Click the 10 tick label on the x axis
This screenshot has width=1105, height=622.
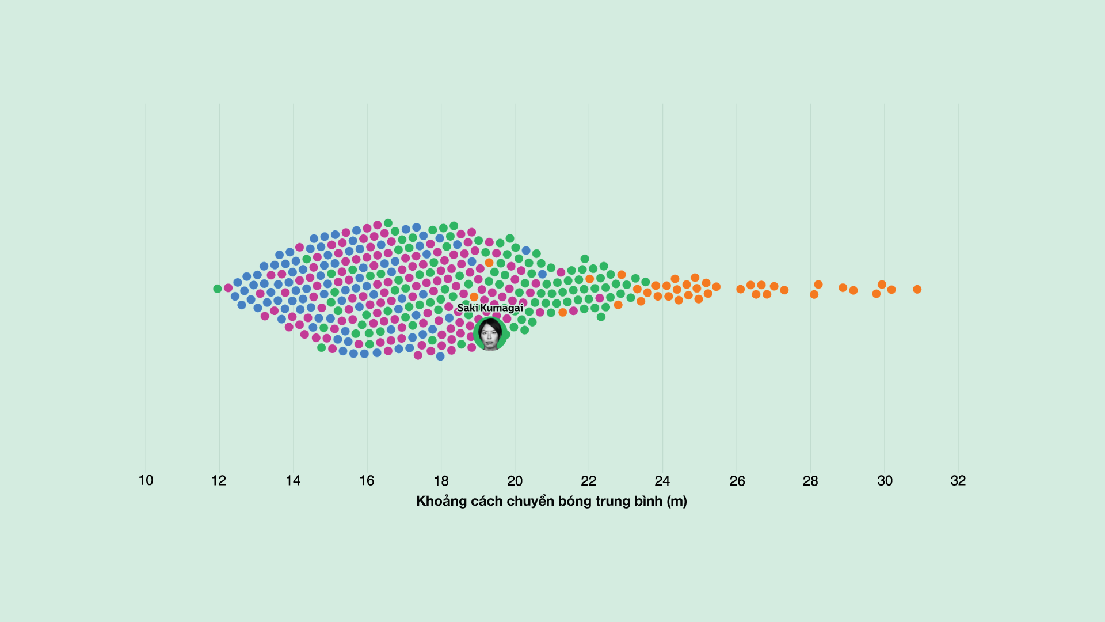click(x=146, y=480)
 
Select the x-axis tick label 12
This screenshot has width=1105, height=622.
click(x=219, y=480)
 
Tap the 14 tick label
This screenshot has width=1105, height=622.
click(x=293, y=480)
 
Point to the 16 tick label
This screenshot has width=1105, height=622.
click(x=367, y=480)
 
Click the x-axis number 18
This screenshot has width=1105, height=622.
click(x=441, y=480)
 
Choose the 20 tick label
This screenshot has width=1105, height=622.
click(x=515, y=480)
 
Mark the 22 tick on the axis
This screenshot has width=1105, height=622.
click(x=588, y=480)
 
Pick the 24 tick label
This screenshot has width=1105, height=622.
click(x=662, y=480)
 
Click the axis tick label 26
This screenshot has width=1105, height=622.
click(x=737, y=480)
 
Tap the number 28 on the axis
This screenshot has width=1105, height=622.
click(x=810, y=480)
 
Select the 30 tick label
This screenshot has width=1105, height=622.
click(x=885, y=480)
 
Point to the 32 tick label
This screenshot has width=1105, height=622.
click(x=958, y=480)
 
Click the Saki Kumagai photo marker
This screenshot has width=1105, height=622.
click(x=490, y=334)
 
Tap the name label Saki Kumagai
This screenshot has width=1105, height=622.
click(x=490, y=308)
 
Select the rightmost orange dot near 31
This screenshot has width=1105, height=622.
click(x=917, y=289)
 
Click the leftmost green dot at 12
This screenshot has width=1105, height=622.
click(x=218, y=289)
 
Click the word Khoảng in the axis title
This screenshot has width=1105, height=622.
click(x=441, y=501)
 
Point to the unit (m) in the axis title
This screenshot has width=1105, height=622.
click(x=677, y=501)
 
